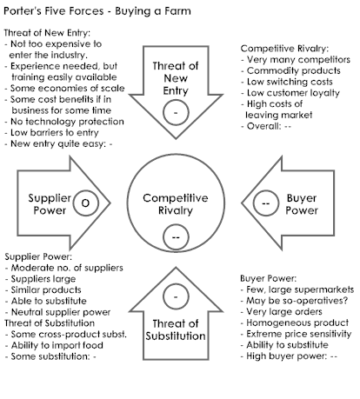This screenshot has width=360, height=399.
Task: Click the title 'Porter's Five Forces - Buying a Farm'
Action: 97,11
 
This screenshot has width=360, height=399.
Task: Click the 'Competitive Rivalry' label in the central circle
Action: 176,204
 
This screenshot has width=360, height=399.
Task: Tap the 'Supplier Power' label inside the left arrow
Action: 50,204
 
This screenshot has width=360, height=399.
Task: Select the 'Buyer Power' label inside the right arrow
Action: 302,204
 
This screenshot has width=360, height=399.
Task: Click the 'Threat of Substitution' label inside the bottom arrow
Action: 176,329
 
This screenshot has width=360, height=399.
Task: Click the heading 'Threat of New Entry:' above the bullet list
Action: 47,33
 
